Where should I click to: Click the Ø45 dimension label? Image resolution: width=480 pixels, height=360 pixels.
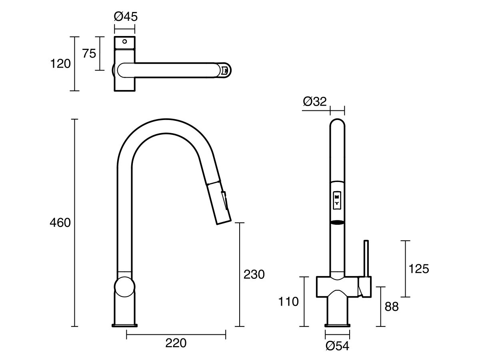(126, 16)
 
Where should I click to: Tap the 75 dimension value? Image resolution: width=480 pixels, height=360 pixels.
(89, 53)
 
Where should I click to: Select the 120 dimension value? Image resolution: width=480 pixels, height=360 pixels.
(61, 64)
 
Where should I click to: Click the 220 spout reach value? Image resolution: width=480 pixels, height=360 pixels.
(176, 343)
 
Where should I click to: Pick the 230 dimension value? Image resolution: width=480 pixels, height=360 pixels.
(254, 274)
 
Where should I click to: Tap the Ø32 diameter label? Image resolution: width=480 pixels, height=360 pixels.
(315, 102)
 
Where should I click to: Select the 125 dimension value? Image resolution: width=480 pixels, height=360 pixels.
(418, 269)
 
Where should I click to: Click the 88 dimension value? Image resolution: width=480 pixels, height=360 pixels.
(392, 307)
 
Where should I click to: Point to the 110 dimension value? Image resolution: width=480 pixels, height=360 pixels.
(288, 301)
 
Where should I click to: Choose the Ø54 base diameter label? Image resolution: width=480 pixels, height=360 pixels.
(337, 346)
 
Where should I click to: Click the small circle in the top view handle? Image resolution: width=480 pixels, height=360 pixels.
(124, 41)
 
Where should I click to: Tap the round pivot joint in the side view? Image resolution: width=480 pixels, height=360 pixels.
(125, 288)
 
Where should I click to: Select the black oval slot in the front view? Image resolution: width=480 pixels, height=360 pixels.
(337, 222)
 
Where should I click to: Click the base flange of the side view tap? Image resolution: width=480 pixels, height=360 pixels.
(125, 324)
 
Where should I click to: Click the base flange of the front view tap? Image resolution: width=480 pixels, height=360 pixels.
(338, 324)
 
